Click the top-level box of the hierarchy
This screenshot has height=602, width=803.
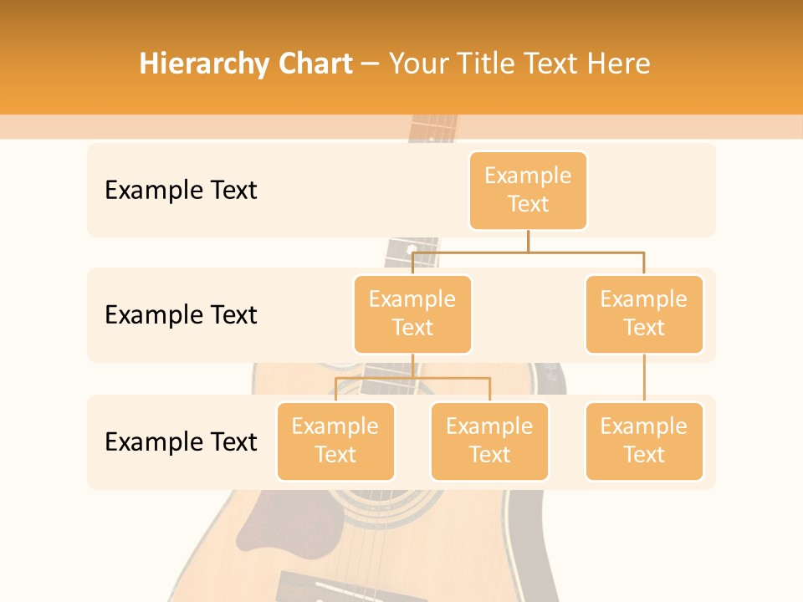528,190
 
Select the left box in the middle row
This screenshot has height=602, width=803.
412,314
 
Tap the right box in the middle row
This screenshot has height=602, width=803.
644,314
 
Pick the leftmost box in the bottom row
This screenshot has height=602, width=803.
335,441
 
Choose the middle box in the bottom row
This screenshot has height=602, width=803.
489,441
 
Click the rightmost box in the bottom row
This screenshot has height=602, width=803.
644,441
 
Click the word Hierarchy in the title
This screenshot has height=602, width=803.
200,64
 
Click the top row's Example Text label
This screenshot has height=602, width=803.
181,190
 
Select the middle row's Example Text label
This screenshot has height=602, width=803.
181,314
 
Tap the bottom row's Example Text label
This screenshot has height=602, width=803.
181,441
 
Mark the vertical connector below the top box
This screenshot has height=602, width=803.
528,241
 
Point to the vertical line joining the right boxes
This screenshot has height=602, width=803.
644,378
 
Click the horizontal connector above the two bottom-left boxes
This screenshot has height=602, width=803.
412,378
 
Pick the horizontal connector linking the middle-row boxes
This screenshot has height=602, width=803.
528,252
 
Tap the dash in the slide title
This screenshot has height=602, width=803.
371,64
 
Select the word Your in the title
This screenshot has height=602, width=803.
416,64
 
